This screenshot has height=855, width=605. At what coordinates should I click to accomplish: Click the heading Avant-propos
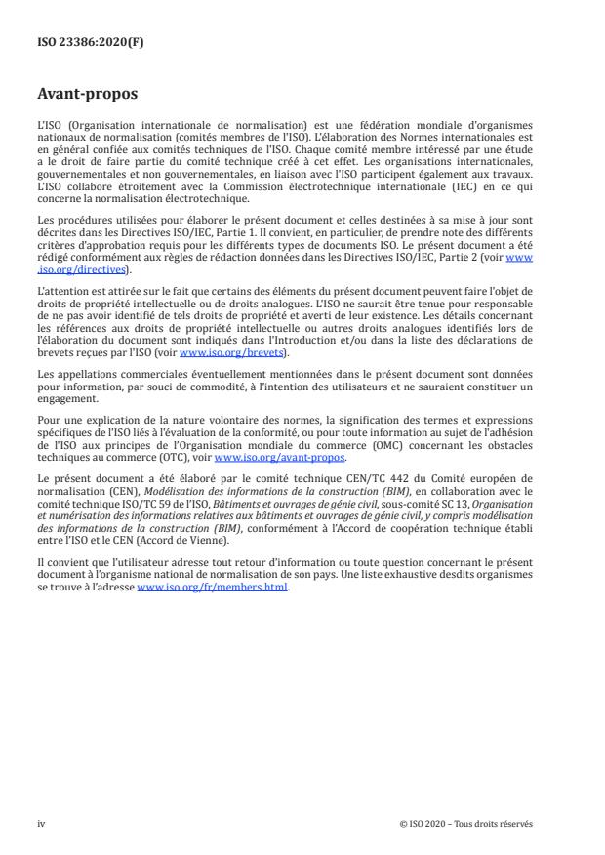click(x=86, y=95)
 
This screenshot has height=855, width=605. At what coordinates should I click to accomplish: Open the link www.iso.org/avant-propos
click(x=279, y=457)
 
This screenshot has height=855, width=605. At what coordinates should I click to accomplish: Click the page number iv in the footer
click(x=41, y=823)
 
